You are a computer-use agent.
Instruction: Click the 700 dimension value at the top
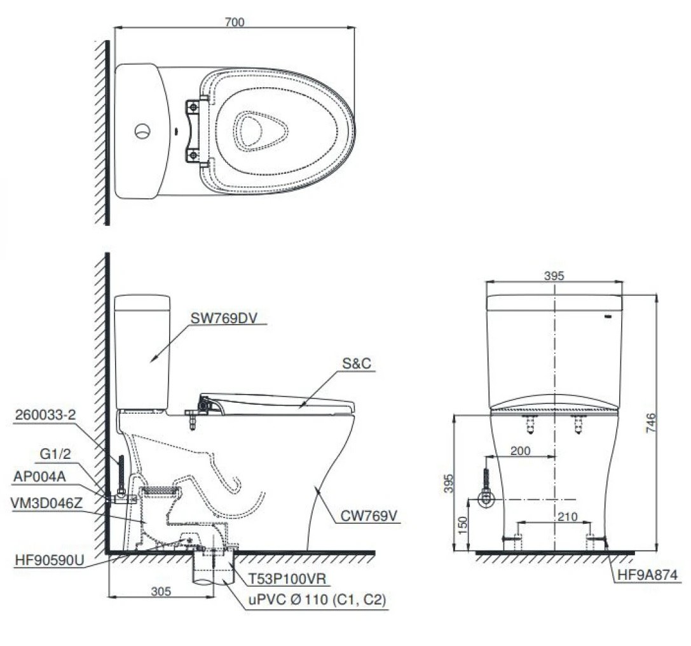(235, 21)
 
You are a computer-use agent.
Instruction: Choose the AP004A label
(42, 477)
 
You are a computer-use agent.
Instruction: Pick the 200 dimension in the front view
(519, 451)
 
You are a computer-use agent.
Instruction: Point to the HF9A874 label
(647, 575)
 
